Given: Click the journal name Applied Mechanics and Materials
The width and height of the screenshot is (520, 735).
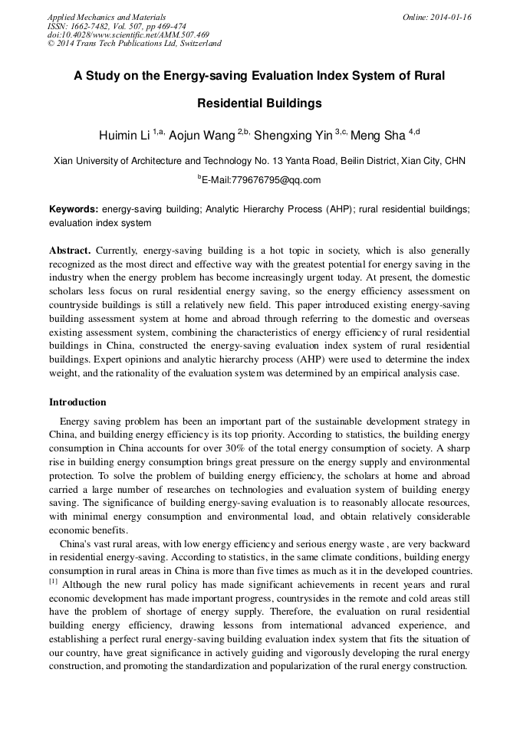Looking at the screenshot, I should click(107, 16).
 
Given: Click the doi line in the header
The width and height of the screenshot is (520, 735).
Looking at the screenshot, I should click(128, 34).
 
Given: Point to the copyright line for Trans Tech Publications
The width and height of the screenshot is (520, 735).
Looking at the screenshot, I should click(134, 44).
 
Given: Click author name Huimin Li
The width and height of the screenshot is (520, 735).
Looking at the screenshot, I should click(123, 136).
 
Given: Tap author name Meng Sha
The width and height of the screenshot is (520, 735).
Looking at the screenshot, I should click(383, 136).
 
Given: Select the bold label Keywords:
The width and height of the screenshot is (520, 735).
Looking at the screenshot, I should click(74, 209).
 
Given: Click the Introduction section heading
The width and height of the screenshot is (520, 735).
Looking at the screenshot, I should click(77, 402).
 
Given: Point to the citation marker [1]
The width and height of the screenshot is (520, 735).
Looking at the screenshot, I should click(54, 582).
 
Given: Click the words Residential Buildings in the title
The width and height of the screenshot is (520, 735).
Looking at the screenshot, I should click(259, 103).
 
